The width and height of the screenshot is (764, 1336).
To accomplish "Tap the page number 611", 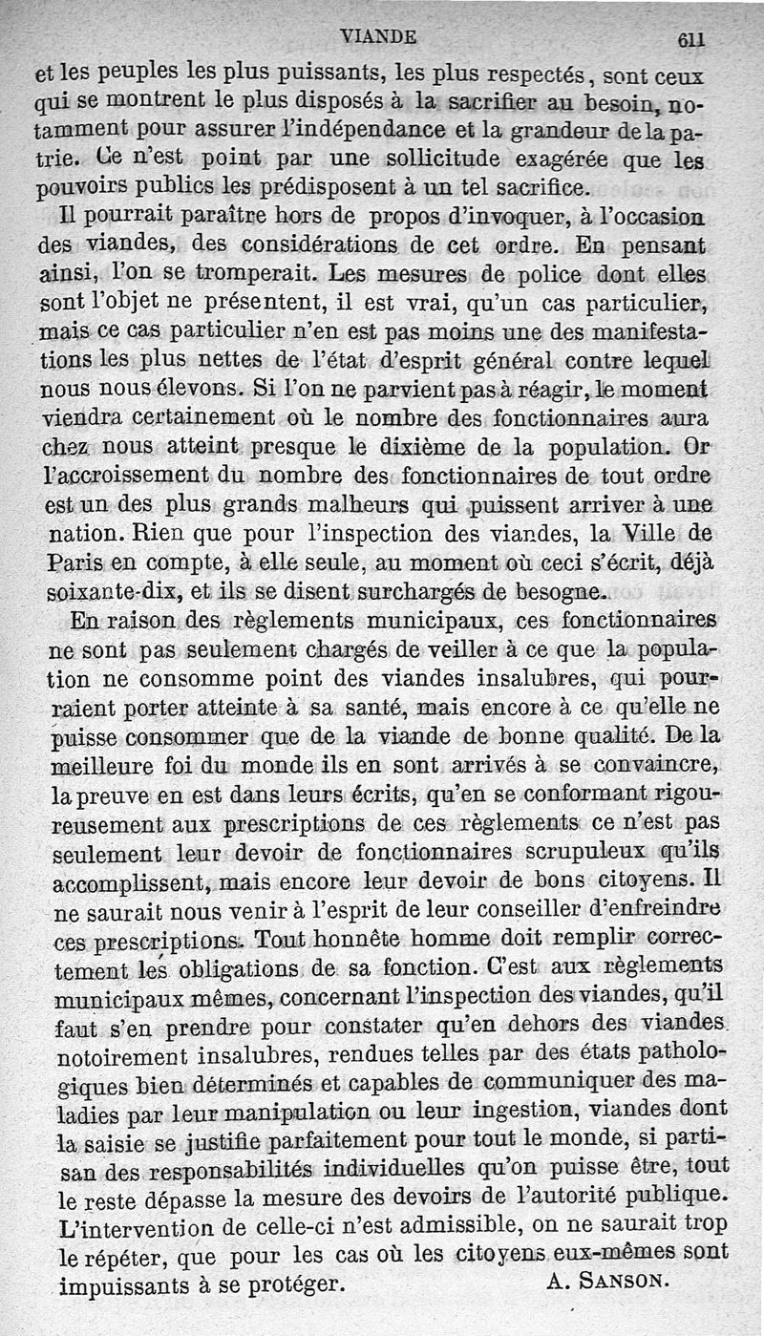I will (690, 39).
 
